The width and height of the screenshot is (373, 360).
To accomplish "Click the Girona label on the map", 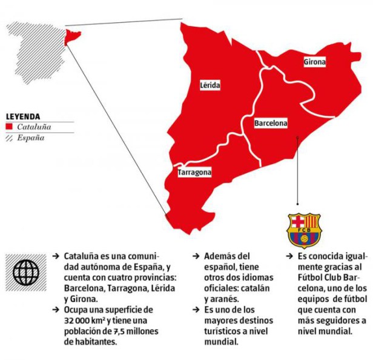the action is pos(314,62).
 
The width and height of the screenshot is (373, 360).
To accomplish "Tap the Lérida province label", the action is pos(210,85).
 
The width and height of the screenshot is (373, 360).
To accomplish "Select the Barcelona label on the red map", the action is pos(271,123).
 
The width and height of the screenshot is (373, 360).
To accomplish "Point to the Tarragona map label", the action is pos(194,173).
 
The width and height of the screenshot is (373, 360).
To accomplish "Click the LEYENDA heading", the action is pos(24,116).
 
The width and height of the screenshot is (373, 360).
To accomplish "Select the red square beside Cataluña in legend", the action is pos(9,127).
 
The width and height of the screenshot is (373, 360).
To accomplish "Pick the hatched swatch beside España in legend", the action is pos(9,138).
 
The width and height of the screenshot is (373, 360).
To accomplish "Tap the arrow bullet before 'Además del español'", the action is pos(196,256).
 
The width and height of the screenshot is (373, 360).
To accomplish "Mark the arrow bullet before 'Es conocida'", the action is pos(289,256).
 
